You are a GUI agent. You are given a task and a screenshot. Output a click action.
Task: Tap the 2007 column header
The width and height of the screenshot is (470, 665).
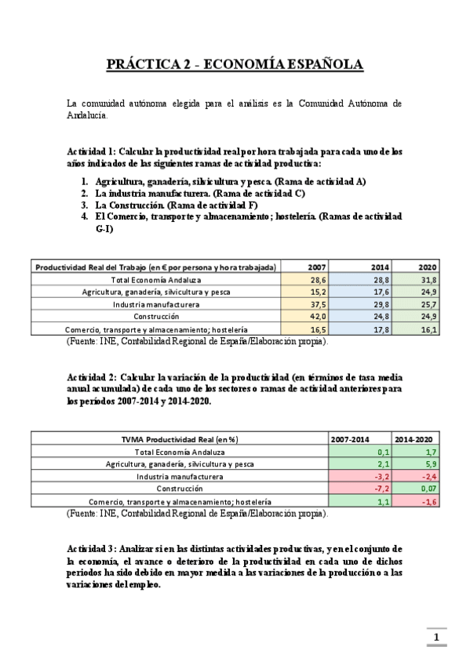click(318, 267)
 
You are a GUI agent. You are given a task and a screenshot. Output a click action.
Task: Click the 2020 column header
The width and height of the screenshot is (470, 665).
click(428, 267)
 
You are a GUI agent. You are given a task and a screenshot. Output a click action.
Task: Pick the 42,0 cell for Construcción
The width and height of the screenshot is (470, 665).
click(318, 316)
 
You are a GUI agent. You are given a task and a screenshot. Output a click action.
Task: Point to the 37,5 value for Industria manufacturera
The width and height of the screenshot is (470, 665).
click(318, 304)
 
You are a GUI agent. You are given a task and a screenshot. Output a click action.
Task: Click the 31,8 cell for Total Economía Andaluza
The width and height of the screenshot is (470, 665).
click(428, 280)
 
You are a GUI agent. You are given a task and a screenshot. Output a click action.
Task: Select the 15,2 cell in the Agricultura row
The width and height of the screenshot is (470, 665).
click(318, 292)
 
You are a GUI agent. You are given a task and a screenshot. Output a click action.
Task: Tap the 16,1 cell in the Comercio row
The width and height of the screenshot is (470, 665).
click(428, 329)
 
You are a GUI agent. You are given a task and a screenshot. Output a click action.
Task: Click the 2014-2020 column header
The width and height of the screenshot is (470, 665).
click(414, 439)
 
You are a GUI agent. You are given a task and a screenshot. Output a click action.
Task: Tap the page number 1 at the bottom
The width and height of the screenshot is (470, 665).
click(435, 635)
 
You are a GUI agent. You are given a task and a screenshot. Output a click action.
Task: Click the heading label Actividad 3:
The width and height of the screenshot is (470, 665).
click(94, 548)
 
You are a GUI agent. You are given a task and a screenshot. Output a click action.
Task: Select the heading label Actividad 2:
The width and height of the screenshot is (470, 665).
click(94, 377)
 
